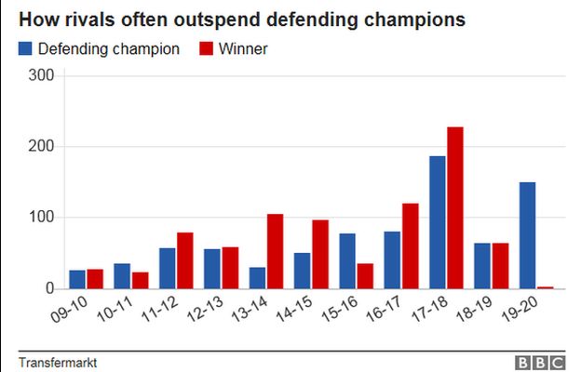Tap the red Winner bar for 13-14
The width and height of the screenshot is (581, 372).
(x=275, y=251)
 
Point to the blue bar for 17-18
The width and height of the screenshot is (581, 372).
(x=437, y=222)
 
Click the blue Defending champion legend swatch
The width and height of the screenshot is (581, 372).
(x=25, y=48)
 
